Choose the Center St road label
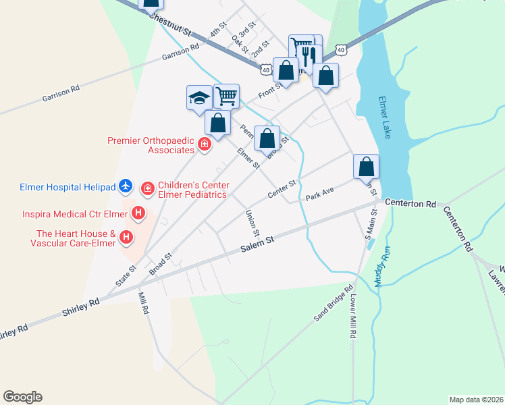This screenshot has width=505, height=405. tap(282, 189)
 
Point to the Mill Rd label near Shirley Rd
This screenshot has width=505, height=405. tap(143, 304)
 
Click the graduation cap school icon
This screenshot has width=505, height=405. tap(199, 97)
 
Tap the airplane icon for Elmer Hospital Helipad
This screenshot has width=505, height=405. tap(125, 186)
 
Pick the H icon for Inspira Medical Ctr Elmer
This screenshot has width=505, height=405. tap(138, 214)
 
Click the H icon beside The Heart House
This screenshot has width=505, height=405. tap(126, 237)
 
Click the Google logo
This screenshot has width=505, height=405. tap(22, 397)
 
